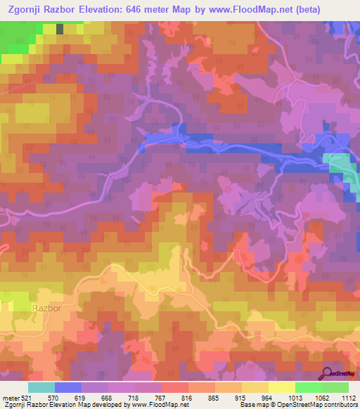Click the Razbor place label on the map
(x=44, y=308)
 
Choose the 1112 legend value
(x=348, y=397)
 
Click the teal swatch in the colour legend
(x=41, y=387)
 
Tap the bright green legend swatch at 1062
(x=309, y=387)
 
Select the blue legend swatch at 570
(x=68, y=387)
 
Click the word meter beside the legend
(x=9, y=397)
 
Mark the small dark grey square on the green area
(x=59, y=29)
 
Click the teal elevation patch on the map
(x=341, y=165)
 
